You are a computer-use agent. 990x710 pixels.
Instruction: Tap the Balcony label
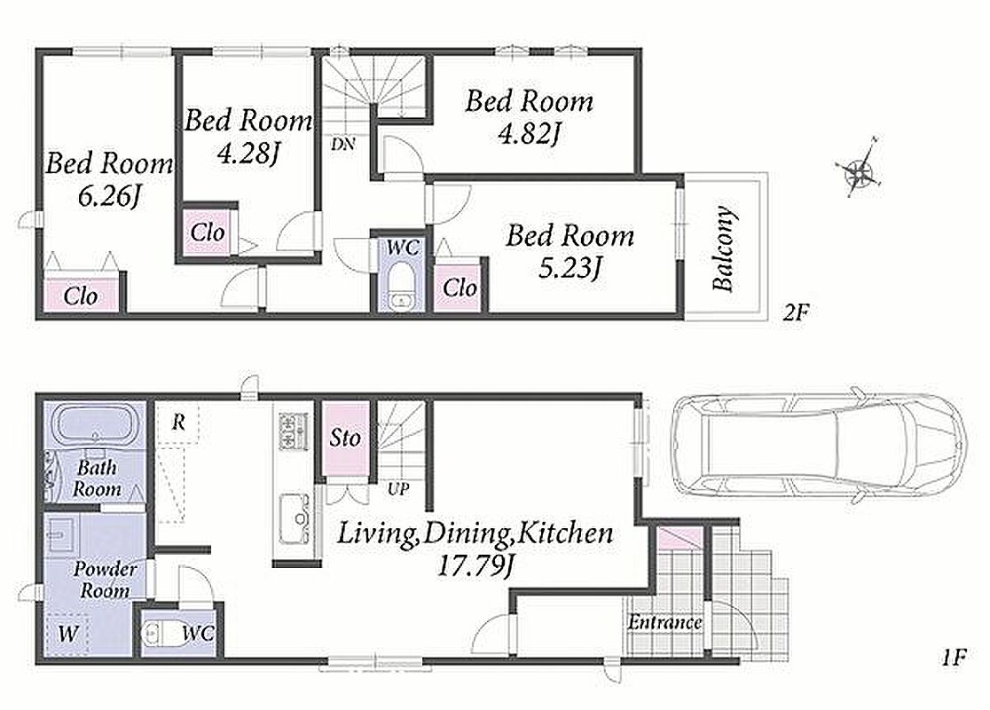[724, 248]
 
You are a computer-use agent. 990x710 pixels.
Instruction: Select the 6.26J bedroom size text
[108, 197]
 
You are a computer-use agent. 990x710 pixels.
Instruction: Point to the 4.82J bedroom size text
[529, 134]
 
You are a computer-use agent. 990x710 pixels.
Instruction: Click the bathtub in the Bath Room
[94, 424]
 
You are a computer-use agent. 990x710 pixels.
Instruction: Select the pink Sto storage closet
[345, 438]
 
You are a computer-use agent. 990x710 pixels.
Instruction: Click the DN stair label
[342, 144]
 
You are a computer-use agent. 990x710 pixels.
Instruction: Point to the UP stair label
[398, 489]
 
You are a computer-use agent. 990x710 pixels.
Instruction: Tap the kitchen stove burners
[293, 430]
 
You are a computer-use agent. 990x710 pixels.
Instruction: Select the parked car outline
[818, 445]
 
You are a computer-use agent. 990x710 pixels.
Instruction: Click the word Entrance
[664, 623]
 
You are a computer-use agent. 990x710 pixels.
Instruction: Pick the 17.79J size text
[475, 566]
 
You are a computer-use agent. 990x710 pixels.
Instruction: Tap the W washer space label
[67, 633]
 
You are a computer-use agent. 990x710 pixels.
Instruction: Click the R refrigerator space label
[178, 422]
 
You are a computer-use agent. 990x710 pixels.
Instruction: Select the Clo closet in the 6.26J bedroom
[81, 296]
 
